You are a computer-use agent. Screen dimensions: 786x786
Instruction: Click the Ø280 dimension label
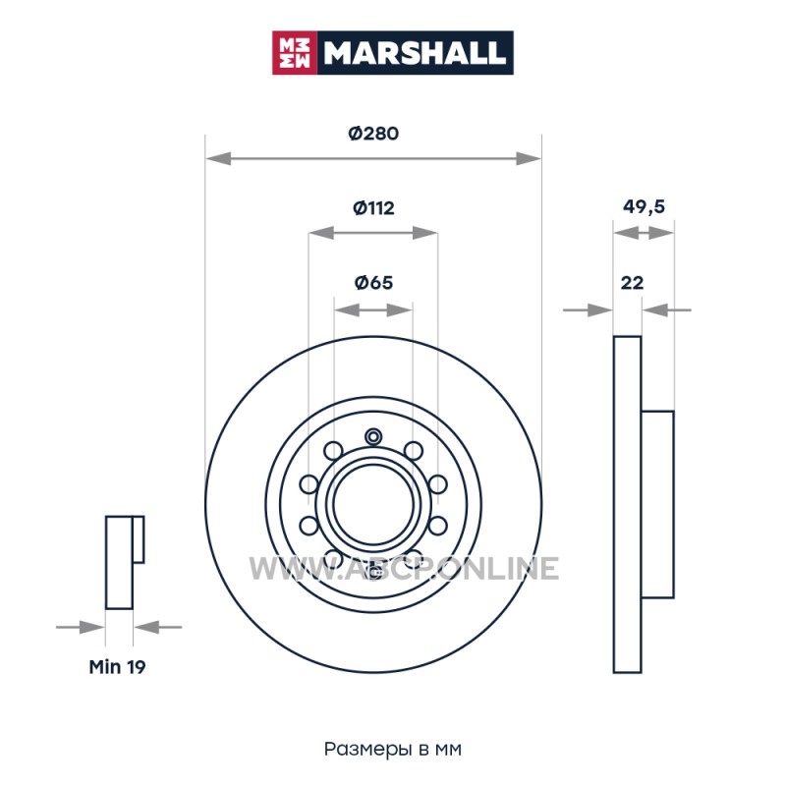373,134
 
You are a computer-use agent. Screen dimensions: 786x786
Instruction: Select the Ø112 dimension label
373,207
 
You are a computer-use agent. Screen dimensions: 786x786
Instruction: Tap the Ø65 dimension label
373,283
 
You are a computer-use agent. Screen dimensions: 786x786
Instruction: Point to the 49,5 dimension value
644,206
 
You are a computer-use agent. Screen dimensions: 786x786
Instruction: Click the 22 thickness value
632,283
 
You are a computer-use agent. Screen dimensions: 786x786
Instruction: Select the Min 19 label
117,667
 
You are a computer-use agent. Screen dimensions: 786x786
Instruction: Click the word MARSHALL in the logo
414,53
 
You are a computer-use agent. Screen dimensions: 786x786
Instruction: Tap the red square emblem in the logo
294,53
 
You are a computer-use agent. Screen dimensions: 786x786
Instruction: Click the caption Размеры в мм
392,749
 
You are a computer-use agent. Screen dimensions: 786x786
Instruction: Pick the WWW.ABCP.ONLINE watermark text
404,569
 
